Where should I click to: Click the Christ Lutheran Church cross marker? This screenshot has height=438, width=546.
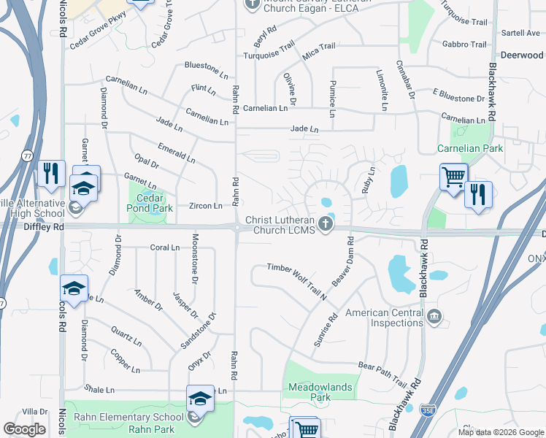click(329, 226)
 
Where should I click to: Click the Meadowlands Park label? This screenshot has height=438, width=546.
click(320, 393)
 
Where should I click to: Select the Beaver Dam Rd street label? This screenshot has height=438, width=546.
click(342, 261)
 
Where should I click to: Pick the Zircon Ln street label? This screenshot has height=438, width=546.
click(205, 207)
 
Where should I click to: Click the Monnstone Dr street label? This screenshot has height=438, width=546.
click(195, 259)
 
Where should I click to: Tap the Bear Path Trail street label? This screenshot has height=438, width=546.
click(382, 373)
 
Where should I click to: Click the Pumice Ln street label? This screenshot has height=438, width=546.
click(332, 99)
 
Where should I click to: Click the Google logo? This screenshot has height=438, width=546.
click(25, 429)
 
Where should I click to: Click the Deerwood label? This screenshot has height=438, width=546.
click(522, 55)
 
